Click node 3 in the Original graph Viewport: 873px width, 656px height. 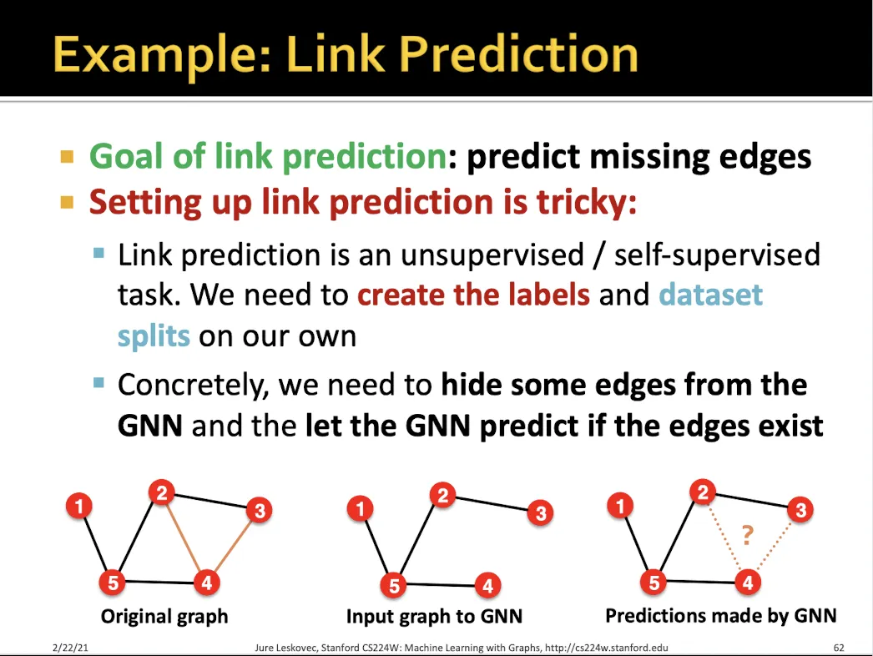coord(259,510)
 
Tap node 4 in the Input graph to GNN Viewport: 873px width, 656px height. coord(487,585)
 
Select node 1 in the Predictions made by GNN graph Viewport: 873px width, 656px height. coord(620,507)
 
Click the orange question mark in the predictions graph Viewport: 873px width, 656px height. coord(747,535)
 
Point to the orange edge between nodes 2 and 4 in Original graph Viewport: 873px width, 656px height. coord(184,537)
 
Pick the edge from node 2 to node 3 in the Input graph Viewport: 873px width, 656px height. coord(492,502)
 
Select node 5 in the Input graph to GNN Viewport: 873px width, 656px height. coord(394,585)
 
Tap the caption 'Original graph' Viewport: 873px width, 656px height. coord(164,617)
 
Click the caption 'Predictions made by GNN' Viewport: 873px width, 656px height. coord(721,615)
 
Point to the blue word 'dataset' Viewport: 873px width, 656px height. coord(710,294)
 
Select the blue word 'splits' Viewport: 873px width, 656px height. coord(154,336)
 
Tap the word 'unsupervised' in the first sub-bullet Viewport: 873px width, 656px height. coord(492,255)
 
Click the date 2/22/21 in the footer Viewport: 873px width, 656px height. coord(70,648)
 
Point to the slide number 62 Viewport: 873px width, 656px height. coord(839,648)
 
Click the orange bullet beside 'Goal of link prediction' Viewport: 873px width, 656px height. coord(67,157)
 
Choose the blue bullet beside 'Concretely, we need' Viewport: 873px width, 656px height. coord(99,382)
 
